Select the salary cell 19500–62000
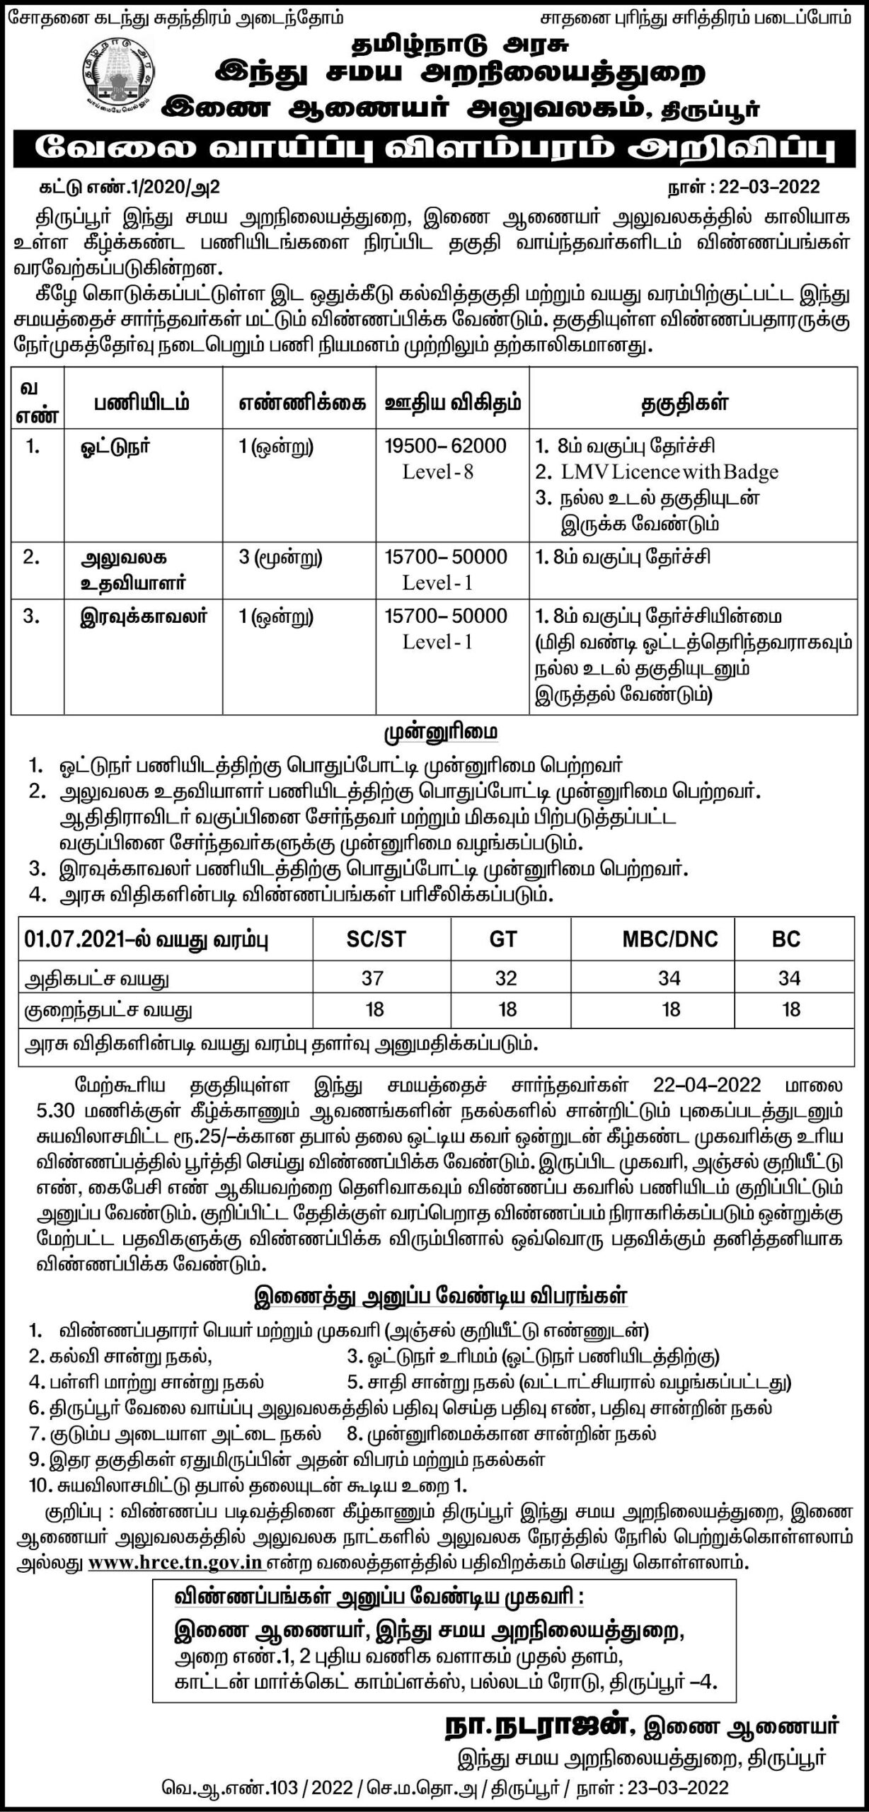pos(445,446)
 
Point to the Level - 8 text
pos(437,472)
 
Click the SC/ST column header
pos(376,939)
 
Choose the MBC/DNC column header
pos(669,939)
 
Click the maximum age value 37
pos(372,978)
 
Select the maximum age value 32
pos(506,978)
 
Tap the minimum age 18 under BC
pos(790,1009)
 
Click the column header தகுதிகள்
pos(684,404)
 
